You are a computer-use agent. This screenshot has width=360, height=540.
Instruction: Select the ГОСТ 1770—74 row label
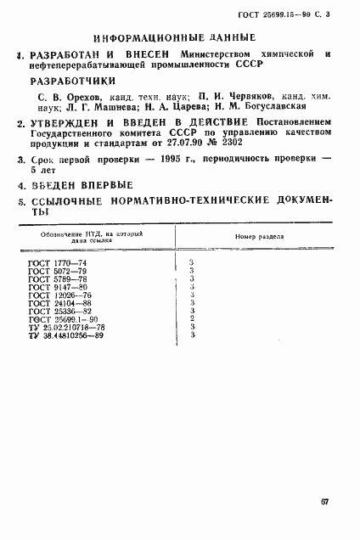[52, 264]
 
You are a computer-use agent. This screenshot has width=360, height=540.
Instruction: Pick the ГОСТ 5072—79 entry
[52, 272]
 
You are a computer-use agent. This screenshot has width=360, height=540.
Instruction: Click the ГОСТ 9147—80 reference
[52, 287]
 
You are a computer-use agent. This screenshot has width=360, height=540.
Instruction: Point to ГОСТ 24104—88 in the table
[54, 303]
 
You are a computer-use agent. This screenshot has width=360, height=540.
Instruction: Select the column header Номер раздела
[255, 238]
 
